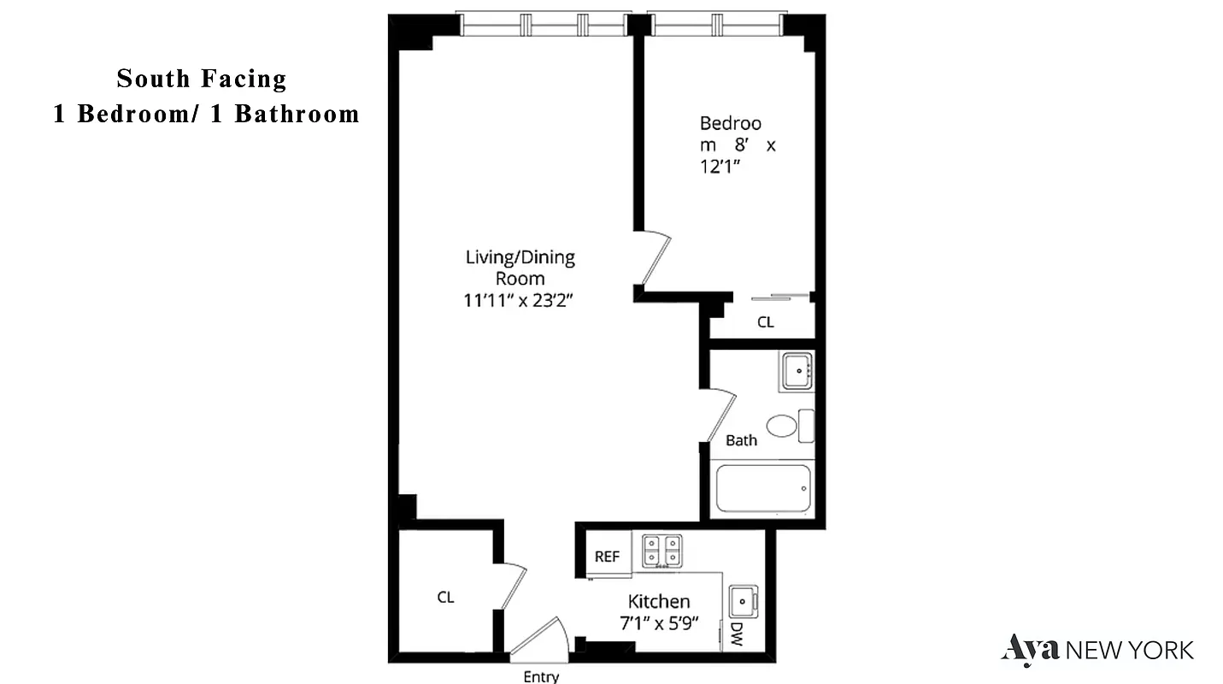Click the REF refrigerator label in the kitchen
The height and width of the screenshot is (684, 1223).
(607, 557)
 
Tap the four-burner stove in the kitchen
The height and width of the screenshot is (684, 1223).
(662, 551)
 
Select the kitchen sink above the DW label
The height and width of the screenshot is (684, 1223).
(743, 602)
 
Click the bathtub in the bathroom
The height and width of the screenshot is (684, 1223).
(762, 489)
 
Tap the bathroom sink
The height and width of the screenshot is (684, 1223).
(797, 371)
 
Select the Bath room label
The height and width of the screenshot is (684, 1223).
(741, 441)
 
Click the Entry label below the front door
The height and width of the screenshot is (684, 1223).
(541, 677)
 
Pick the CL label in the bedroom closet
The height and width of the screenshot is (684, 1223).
(765, 322)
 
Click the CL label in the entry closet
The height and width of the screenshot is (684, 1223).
(445, 598)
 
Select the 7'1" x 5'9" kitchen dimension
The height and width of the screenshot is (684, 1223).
(659, 623)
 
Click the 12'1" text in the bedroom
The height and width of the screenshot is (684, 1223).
(719, 168)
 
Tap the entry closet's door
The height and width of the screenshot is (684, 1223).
(514, 586)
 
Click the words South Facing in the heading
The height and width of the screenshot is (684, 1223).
(202, 79)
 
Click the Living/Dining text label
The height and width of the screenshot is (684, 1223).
(520, 257)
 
